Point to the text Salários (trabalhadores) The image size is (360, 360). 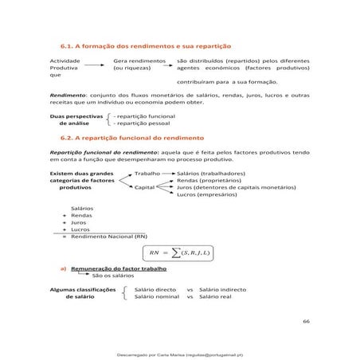pos(210,173)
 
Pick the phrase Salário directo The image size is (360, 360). pos(155,289)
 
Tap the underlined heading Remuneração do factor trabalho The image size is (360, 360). pos(119,269)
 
